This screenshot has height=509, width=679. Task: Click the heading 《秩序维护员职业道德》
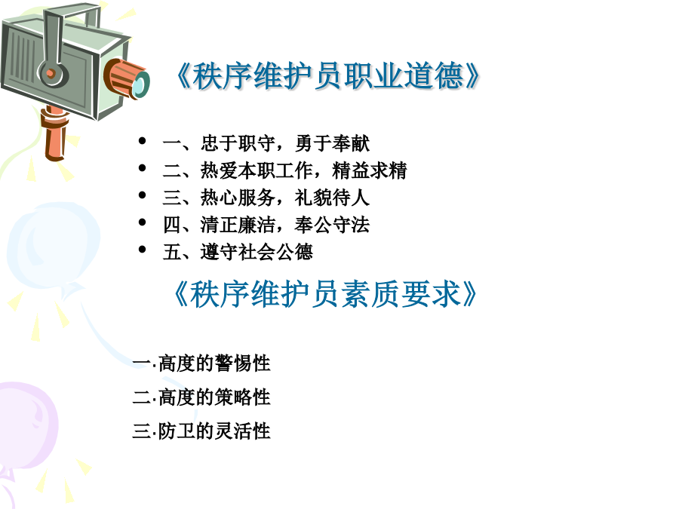click(327, 76)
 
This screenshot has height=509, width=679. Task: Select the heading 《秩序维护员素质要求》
click(324, 294)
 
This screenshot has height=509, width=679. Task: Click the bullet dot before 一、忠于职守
click(142, 141)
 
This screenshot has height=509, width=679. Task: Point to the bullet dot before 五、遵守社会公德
click(142, 250)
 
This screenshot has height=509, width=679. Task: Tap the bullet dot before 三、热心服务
click(142, 195)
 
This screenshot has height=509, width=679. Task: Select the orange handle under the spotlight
click(55, 134)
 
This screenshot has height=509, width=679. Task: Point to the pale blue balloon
click(53, 247)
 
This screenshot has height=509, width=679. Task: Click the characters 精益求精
click(370, 170)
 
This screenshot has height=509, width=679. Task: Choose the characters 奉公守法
click(332, 225)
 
